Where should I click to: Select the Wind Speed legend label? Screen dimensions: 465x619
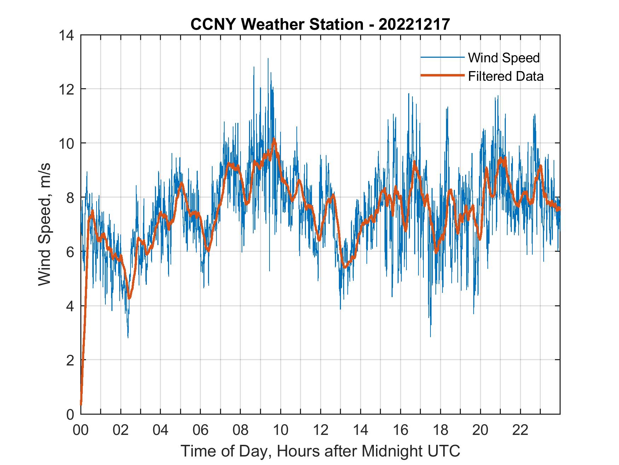(x=504, y=58)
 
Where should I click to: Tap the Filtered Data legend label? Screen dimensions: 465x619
(x=505, y=76)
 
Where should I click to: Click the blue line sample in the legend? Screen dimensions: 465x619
(x=442, y=57)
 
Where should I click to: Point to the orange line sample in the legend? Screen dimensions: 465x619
(x=442, y=75)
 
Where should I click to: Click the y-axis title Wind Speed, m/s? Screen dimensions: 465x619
(x=45, y=224)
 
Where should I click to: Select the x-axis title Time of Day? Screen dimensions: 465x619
(x=320, y=451)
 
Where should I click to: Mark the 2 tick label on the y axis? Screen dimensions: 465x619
(x=70, y=360)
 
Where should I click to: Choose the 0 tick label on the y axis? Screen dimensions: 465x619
(x=70, y=414)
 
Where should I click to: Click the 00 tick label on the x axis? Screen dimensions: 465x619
(x=81, y=430)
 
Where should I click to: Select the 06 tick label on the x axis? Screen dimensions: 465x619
(x=201, y=430)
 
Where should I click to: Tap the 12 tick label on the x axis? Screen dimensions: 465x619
(x=320, y=430)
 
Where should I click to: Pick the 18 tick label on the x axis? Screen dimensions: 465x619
(x=440, y=430)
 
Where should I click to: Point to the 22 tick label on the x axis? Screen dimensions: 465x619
(x=520, y=430)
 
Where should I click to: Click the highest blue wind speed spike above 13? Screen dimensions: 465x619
(x=268, y=59)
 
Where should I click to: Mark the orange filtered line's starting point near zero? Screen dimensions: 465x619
(x=81, y=404)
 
